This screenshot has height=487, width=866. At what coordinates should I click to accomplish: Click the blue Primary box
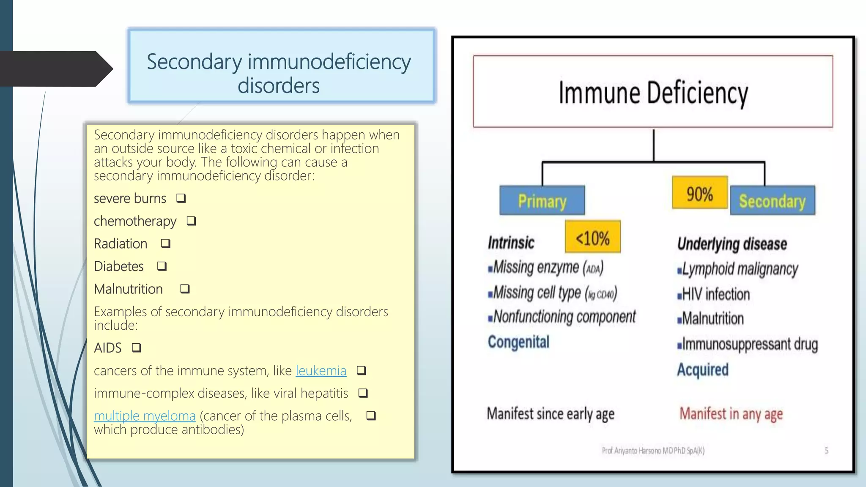coord(542,201)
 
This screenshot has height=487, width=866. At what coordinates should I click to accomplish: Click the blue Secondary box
coord(772,201)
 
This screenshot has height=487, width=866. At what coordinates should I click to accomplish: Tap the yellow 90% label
coord(699,193)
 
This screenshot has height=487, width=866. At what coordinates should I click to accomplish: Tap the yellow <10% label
coord(592,237)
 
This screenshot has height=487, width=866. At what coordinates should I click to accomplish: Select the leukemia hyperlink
coord(321,371)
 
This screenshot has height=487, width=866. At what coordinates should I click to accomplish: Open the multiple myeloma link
coord(145,416)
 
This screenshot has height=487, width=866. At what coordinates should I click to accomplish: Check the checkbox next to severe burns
coord(181,198)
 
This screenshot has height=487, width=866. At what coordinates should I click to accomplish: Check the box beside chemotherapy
coord(191,221)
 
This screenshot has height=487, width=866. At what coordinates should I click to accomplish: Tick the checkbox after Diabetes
coord(162,266)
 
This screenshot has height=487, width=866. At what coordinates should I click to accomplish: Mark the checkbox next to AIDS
coord(136,348)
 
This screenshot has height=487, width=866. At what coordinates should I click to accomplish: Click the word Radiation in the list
coord(121,244)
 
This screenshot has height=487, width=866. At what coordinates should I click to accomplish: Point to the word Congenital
coord(518,342)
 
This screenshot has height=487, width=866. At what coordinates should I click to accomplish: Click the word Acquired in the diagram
coord(702,370)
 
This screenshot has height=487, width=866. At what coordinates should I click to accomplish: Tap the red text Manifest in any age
coord(731,413)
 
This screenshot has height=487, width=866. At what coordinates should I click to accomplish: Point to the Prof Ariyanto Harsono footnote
coord(653,451)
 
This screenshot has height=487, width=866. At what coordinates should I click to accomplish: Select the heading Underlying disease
coord(732,244)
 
